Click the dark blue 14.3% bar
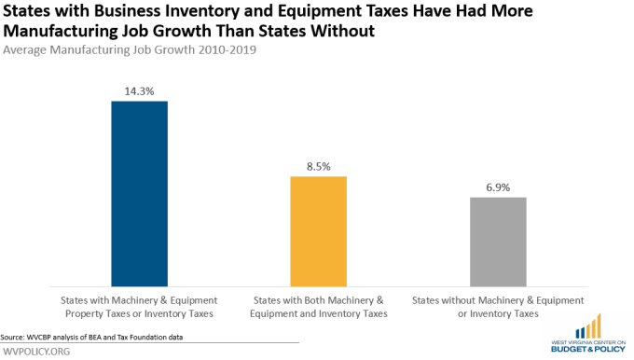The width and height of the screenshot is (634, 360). tap(140, 194)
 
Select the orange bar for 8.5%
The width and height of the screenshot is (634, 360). tap(319, 231)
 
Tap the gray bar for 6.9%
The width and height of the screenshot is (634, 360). tap(498, 242)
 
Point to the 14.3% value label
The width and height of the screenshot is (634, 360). tap(140, 91)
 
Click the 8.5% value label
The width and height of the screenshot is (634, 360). tap(319, 167)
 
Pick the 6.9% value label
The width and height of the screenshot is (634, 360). tap(498, 187)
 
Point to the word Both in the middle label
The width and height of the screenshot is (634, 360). tap(314, 300)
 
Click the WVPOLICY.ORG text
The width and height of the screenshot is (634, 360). tap(36, 351)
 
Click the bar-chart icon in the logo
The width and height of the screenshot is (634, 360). tap(588, 326)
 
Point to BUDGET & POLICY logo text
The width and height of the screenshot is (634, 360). tap(588, 349)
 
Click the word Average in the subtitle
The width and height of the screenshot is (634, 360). tap(24, 49)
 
